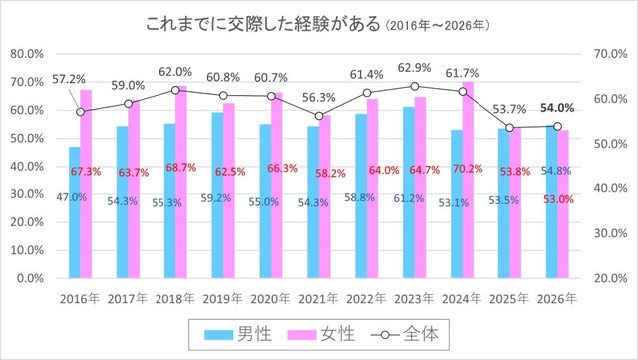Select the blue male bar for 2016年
(x=74, y=214)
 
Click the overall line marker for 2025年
(x=509, y=128)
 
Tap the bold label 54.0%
(x=558, y=108)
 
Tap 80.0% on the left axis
(x=27, y=53)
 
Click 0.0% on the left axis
(x=30, y=280)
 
